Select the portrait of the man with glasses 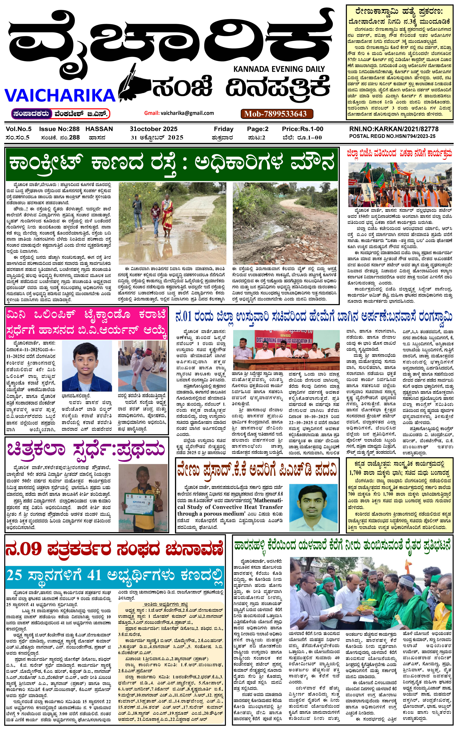(x=313, y=507)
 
